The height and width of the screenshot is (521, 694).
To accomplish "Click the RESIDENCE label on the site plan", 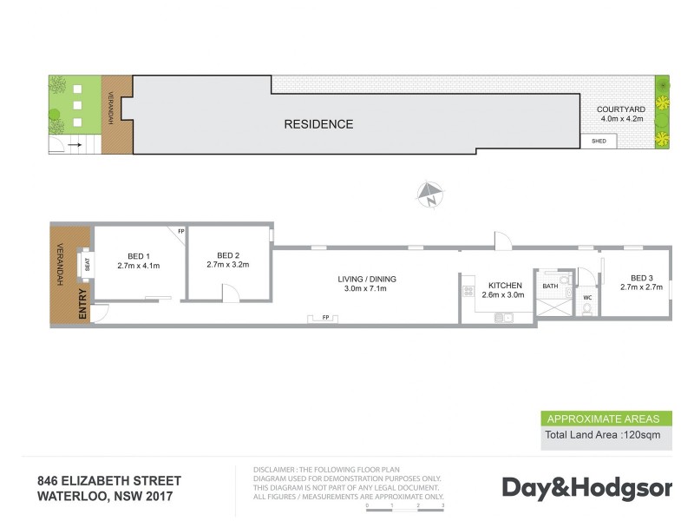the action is click(x=318, y=124).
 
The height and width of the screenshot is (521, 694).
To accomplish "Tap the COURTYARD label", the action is click(x=621, y=109).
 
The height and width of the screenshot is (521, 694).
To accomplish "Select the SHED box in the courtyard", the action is click(x=599, y=142).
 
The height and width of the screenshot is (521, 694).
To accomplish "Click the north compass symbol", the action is click(x=429, y=195).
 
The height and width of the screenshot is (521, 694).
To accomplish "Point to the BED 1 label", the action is click(x=139, y=256).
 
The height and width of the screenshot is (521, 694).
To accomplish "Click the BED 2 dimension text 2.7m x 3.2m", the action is click(x=228, y=265).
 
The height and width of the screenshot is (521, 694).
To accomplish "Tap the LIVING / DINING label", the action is click(x=367, y=279).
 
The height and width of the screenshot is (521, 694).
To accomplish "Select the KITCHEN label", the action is click(x=505, y=286).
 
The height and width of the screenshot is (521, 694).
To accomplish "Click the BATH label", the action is click(x=550, y=287).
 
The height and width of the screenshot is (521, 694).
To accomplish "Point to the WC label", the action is click(x=587, y=298).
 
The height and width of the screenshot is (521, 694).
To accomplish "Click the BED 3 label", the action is click(x=642, y=278).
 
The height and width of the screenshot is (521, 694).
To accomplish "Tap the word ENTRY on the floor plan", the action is click(x=82, y=304).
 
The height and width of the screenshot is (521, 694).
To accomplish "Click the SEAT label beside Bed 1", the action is click(x=88, y=265).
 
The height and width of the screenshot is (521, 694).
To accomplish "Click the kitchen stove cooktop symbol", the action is click(x=468, y=292).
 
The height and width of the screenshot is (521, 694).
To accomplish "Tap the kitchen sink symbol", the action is click(x=504, y=317).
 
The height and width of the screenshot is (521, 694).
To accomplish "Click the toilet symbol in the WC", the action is click(x=587, y=309).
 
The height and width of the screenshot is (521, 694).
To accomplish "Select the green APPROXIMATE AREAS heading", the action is click(x=603, y=419).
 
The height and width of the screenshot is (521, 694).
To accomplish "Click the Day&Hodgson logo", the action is click(x=587, y=489).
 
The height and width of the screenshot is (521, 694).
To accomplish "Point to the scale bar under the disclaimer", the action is click(x=405, y=510).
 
